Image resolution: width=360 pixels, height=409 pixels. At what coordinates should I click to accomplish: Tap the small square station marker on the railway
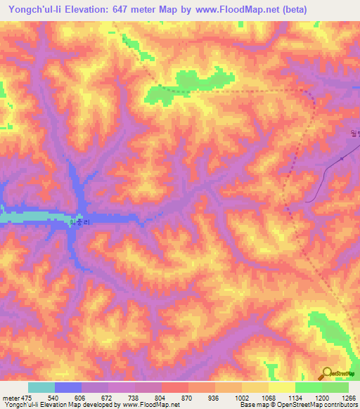tap(341, 159)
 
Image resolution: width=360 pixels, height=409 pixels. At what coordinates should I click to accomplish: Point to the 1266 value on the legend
tap(349, 397)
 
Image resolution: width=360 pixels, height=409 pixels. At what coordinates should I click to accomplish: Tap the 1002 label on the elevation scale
tap(241, 397)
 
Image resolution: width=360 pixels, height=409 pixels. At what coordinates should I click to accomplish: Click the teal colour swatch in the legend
tap(41, 387)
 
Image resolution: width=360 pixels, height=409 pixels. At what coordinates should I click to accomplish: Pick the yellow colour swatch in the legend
tap(281, 387)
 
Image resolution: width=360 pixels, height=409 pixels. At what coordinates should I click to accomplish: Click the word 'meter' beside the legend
tap(11, 397)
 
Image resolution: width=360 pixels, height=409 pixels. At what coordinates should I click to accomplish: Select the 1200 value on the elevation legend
tap(321, 397)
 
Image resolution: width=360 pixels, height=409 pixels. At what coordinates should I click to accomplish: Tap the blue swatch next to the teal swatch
tap(68, 387)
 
